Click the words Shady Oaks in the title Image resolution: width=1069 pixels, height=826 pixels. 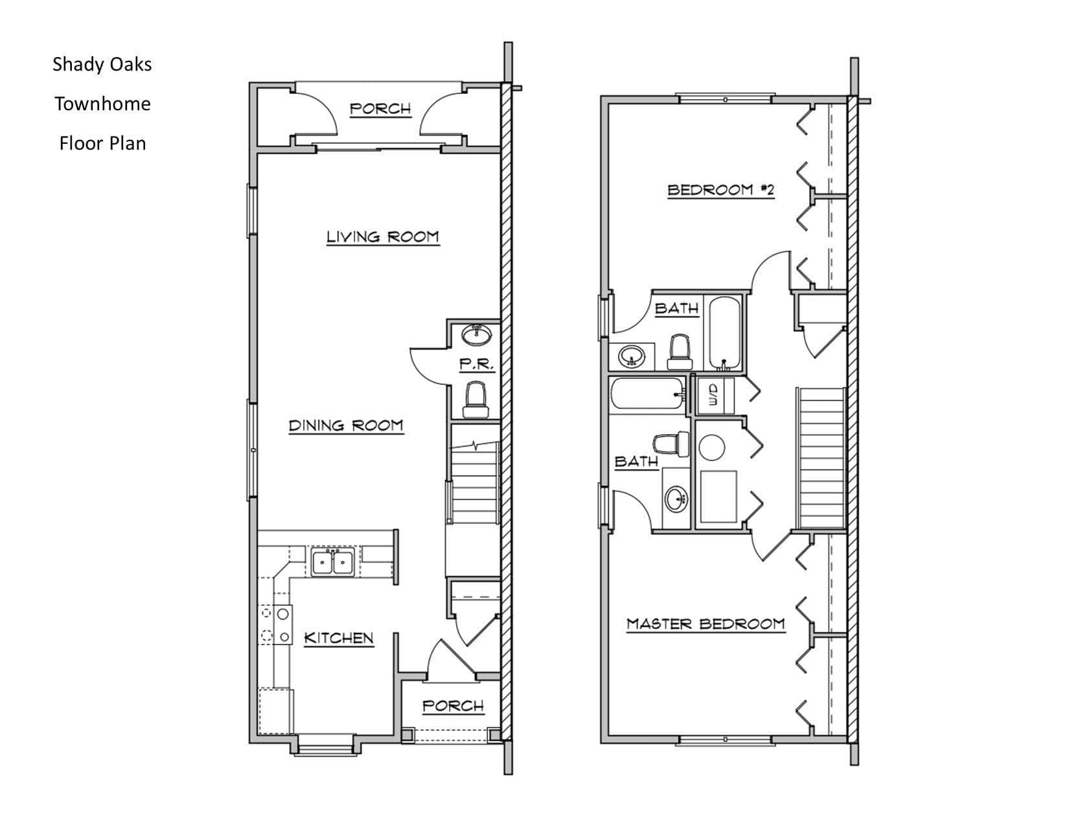(102, 64)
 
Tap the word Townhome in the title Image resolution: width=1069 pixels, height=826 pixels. (102, 104)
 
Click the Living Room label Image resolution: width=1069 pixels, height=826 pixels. (383, 236)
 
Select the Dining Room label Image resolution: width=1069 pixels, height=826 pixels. (346, 426)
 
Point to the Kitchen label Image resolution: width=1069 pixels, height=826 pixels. (339, 638)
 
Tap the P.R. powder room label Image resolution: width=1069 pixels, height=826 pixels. (476, 365)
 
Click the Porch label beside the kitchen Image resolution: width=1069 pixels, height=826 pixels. (453, 706)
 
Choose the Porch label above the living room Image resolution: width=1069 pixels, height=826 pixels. (380, 109)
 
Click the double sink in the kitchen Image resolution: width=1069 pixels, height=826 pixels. (332, 562)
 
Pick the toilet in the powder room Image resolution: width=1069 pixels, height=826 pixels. (476, 400)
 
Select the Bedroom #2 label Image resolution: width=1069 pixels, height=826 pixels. (720, 190)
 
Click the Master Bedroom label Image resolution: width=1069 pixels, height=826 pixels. (706, 624)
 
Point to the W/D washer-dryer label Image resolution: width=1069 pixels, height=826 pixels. (714, 395)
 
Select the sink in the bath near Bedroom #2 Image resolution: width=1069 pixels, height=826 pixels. (631, 356)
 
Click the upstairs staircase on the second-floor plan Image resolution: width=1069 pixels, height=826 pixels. (821, 459)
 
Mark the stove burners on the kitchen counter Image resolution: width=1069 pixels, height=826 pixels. (275, 625)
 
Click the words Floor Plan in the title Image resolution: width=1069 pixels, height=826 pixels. (102, 144)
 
